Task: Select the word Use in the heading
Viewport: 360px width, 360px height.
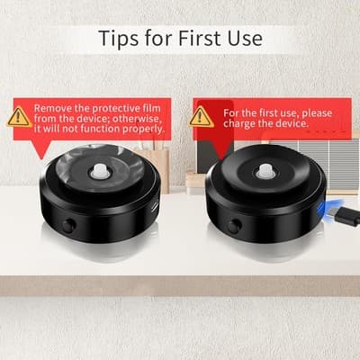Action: pos(245,38)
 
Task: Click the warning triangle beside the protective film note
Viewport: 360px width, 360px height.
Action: pos(19,116)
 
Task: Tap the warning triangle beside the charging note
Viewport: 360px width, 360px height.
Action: pos(202,117)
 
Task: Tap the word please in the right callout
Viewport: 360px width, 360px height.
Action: pos(317,113)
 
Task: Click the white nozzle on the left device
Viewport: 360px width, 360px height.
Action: pos(99,170)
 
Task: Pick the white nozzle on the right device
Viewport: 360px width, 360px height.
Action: pos(265,171)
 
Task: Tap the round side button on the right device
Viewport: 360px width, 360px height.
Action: pos(233,226)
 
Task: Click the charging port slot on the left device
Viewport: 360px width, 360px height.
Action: pos(156,206)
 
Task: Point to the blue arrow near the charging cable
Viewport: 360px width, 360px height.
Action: pos(325,208)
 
